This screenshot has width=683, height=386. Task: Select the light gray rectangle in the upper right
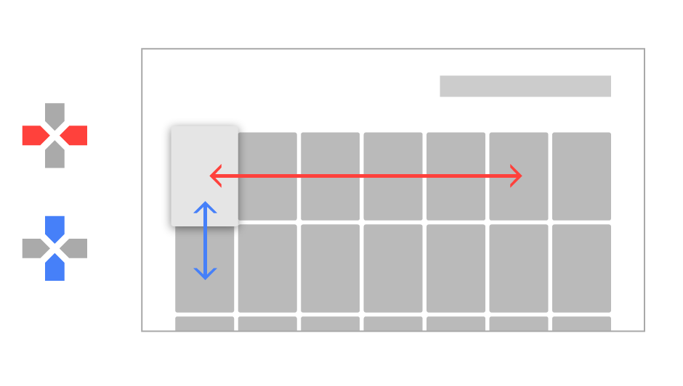point(541,86)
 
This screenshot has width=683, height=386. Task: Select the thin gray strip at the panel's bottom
point(409,323)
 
